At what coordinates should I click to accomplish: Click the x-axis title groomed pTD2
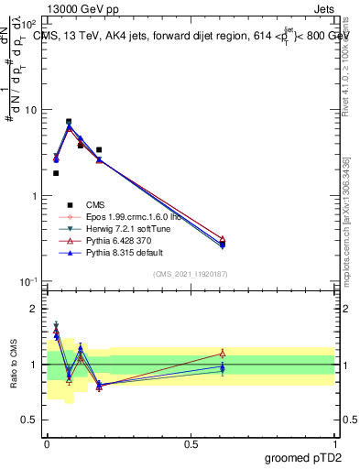[x=301, y=456]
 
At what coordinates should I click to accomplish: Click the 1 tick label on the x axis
[x=334, y=443]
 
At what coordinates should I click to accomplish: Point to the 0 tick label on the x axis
[x=47, y=443]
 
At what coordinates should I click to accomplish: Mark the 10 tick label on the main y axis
[x=30, y=110]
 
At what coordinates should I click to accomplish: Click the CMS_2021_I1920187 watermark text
[x=191, y=273]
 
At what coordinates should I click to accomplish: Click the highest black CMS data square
[x=69, y=121]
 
